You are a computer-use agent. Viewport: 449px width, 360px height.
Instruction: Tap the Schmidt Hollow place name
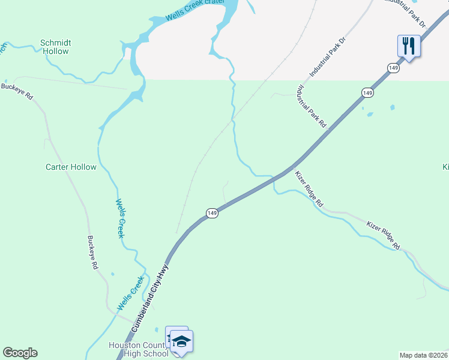click(55, 47)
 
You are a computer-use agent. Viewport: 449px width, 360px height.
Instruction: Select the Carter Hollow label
click(71, 167)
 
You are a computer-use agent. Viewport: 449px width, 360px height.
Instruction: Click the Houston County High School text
click(139, 349)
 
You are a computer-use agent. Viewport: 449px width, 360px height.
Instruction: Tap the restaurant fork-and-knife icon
click(408, 46)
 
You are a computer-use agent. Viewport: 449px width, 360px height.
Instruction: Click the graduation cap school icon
click(181, 341)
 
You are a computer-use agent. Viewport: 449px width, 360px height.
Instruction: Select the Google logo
click(20, 353)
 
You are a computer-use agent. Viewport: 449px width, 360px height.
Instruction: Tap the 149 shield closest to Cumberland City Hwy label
click(211, 213)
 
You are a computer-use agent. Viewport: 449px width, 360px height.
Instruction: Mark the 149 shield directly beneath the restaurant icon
click(393, 68)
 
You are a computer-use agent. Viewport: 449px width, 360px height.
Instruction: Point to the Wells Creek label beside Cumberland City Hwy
click(131, 293)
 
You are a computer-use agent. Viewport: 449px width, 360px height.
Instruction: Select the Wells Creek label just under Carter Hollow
click(120, 218)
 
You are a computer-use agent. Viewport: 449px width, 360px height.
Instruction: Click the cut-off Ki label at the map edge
click(445, 166)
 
